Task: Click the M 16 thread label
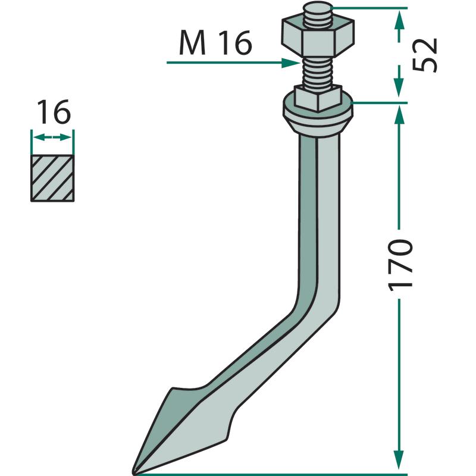[215, 43]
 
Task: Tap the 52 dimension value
[424, 55]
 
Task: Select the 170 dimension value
[400, 265]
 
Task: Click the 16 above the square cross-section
[54, 112]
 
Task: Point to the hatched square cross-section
[52, 178]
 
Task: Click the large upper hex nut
[318, 37]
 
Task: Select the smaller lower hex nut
[318, 98]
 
